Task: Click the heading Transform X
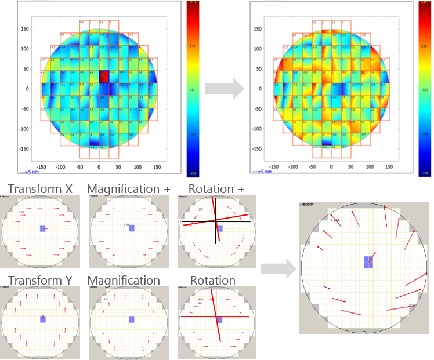36,189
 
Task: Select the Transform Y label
36,281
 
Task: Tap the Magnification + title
129,189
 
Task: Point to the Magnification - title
129,281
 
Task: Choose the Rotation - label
216,281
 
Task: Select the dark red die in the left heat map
104,77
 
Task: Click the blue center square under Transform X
43,228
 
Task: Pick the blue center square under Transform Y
43,319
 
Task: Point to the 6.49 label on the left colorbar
193,45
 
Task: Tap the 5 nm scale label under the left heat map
28,172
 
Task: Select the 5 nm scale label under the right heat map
260,172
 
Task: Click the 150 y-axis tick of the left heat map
24,27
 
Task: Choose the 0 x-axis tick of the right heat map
331,166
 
